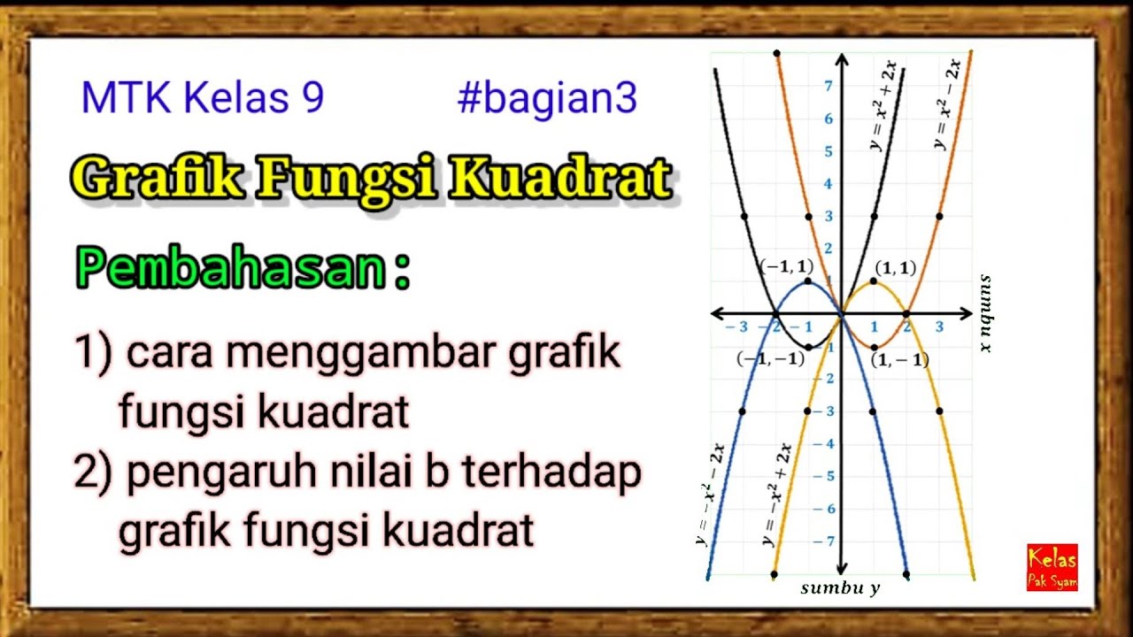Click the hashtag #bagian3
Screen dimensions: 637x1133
[547, 99]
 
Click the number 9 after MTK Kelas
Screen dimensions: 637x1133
[312, 99]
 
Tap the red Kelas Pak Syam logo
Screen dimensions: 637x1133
[1052, 567]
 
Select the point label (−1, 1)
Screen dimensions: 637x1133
[786, 265]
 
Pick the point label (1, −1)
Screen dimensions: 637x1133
[899, 360]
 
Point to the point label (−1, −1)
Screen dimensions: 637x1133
[770, 359]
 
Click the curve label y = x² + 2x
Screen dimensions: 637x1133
[883, 106]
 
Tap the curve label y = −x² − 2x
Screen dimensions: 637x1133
[711, 495]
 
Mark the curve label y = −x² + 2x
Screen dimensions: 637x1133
[777, 495]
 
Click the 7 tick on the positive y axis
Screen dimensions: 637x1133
[828, 86]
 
